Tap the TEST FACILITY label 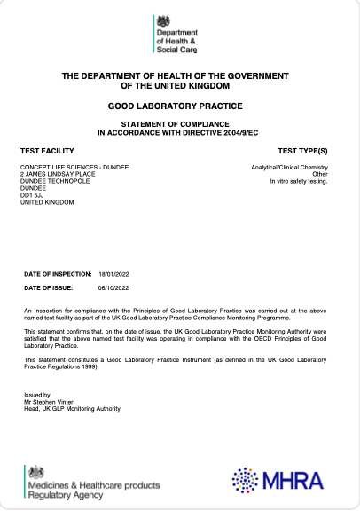46,152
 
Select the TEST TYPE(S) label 302,152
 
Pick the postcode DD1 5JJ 32,195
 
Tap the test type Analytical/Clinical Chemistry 290,167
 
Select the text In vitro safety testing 299,181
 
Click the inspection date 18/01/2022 114,276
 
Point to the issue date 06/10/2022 114,288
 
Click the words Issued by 36,394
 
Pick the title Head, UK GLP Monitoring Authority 71,408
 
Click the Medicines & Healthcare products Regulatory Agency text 93,491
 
